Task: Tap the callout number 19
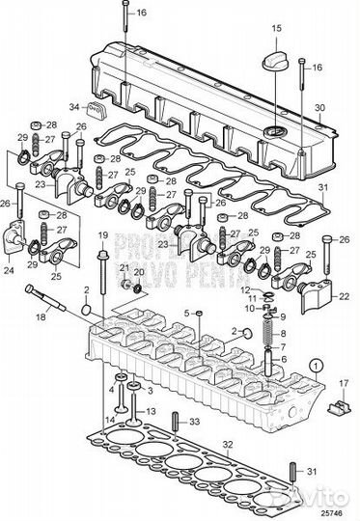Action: pyautogui.click(x=101, y=234)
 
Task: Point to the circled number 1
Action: pyautogui.click(x=317, y=365)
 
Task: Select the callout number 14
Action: pyautogui.click(x=111, y=422)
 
